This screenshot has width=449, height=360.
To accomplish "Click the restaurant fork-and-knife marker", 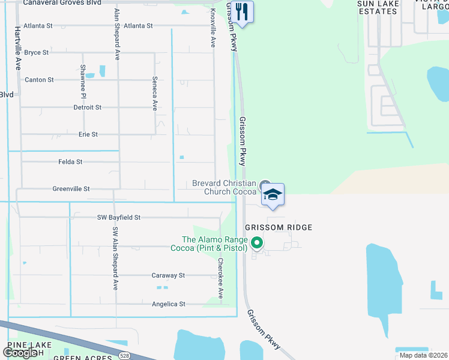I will point(242,12).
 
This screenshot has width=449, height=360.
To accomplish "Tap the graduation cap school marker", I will point(273,195).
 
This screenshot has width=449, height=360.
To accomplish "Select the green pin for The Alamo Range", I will point(257,243).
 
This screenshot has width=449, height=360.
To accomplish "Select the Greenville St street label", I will point(71,189).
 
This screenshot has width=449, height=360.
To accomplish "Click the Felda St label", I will point(70,162).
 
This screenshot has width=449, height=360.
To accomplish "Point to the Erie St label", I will point(88,134).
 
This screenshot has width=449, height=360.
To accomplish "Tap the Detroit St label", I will point(87,107).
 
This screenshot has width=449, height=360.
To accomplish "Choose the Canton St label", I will point(39,80).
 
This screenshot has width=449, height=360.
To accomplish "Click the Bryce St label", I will point(37,53).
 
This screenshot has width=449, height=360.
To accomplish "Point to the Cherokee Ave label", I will point(220,278).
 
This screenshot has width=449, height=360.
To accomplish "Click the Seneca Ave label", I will point(155,94).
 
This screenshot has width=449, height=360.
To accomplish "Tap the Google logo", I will point(20,353).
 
